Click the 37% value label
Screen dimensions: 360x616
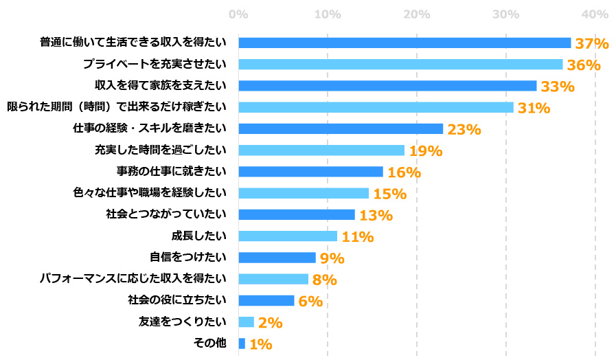[x=592, y=43]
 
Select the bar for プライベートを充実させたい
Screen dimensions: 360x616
[x=400, y=65]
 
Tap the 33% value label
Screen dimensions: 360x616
[x=557, y=87]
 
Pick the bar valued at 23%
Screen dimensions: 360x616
[x=341, y=128]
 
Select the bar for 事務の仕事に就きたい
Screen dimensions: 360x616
[x=310, y=172]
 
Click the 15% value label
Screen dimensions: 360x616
[x=389, y=194]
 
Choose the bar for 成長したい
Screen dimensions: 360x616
[x=288, y=236]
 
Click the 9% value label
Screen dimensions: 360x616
[x=331, y=258]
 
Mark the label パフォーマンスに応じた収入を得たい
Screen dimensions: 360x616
[x=133, y=278]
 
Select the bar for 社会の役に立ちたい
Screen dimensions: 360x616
[x=266, y=300]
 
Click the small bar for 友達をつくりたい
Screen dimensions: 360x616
[x=246, y=322]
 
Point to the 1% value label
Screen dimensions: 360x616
[x=260, y=344]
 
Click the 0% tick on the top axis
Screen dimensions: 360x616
[x=238, y=14]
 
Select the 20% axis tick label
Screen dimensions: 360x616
[x=416, y=14]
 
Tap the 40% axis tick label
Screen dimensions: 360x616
[x=595, y=14]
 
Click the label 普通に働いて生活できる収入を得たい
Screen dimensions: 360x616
[x=133, y=43]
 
